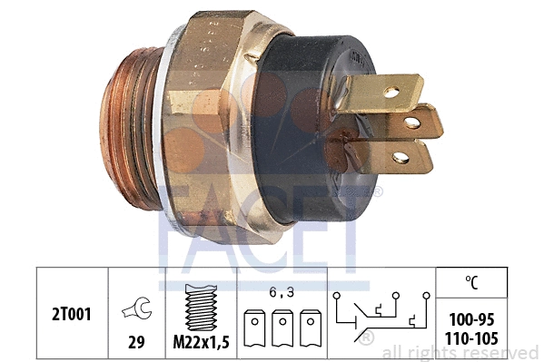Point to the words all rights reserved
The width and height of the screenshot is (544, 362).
[x=460, y=352]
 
